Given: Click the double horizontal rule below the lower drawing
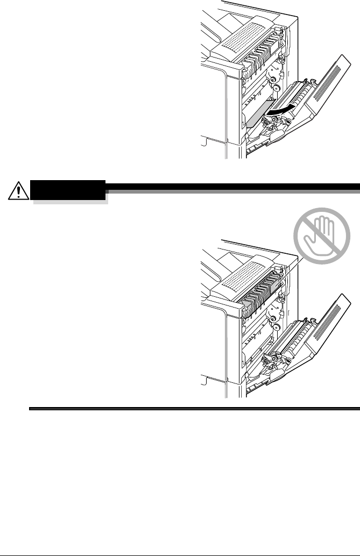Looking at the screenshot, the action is click(x=194, y=409).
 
